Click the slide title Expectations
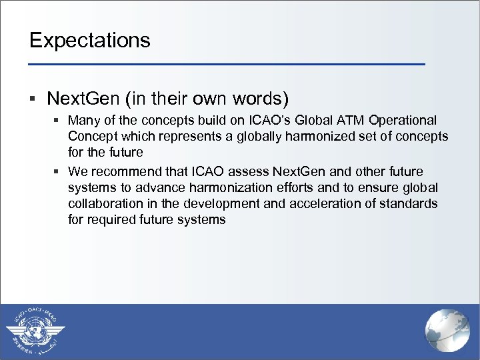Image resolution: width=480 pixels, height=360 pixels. pyautogui.click(x=90, y=40)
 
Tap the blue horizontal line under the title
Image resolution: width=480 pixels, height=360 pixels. pyautogui.click(x=227, y=64)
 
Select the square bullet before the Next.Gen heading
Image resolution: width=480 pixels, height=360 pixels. pyautogui.click(x=33, y=100)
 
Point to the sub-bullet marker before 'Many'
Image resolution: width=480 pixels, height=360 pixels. pyautogui.click(x=58, y=121)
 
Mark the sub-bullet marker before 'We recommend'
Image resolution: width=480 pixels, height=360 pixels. pyautogui.click(x=58, y=172)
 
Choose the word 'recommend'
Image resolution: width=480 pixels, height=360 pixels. pyautogui.click(x=121, y=172)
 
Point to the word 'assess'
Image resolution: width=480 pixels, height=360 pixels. pyautogui.click(x=251, y=172)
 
